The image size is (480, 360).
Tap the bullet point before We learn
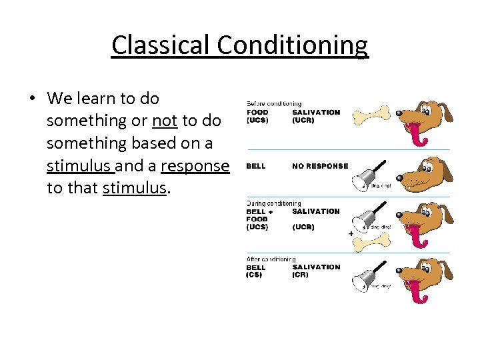click(x=31, y=99)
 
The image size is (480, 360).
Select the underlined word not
click(x=165, y=121)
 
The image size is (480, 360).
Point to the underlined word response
click(x=195, y=165)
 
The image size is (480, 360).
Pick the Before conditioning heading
click(x=274, y=104)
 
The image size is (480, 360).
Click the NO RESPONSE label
click(x=320, y=166)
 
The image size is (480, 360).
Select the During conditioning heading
click(x=273, y=203)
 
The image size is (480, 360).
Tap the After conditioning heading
click(x=271, y=259)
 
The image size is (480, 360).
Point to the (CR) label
click(x=300, y=275)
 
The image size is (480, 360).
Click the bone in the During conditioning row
click(x=369, y=243)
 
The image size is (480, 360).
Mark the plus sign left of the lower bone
click(x=351, y=234)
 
